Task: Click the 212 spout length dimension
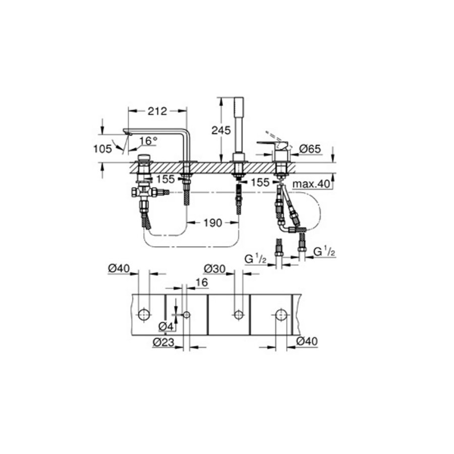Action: tap(158, 111)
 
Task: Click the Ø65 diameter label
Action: tap(311, 149)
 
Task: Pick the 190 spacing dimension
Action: tap(212, 222)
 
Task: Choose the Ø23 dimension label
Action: tap(162, 343)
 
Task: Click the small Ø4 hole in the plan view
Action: tap(187, 315)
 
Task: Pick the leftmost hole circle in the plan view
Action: tap(144, 315)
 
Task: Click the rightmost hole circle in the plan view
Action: tap(281, 315)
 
